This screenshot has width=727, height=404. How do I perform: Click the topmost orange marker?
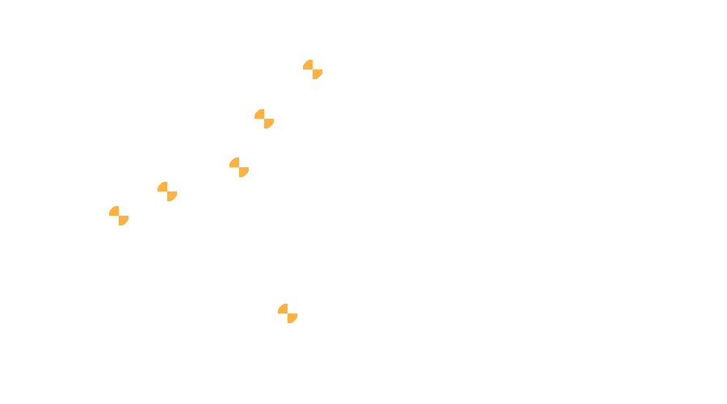[x=313, y=69]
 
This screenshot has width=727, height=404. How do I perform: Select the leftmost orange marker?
[x=119, y=216]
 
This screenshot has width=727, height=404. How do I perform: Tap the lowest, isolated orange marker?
[x=288, y=314]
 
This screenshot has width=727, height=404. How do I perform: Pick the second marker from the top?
[x=264, y=119]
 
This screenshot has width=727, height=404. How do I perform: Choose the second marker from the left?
[x=167, y=191]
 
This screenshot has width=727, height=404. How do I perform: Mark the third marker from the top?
[x=239, y=167]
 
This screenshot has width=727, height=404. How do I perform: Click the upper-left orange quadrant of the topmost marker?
[x=309, y=65]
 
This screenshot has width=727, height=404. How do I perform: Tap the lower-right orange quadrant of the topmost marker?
[x=317, y=74]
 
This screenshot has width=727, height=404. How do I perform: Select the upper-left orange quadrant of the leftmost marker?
[x=115, y=212]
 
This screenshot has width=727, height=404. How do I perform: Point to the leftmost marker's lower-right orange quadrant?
[x=123, y=220]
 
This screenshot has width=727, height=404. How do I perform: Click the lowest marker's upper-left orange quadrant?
[x=284, y=309]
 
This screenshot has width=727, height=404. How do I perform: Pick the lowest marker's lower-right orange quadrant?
[x=292, y=318]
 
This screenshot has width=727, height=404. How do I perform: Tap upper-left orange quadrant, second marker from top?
[x=260, y=115]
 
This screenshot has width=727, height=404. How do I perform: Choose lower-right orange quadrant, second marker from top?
[x=268, y=123]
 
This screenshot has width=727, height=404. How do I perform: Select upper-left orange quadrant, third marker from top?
[x=235, y=163]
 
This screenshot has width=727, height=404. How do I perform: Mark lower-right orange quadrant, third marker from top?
[x=243, y=171]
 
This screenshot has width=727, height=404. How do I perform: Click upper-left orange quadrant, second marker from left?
[x=163, y=187]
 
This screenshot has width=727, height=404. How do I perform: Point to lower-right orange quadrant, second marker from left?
[x=171, y=196]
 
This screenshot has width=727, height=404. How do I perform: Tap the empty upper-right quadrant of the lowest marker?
[x=292, y=309]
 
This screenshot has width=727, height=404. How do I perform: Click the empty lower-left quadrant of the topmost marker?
[x=309, y=74]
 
